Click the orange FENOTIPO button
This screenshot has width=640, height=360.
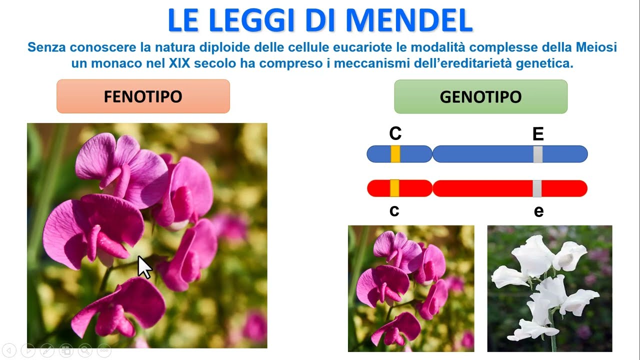coord(143,96)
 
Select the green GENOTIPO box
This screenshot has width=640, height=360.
coord(480,96)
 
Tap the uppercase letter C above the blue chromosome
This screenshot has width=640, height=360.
coord(395,134)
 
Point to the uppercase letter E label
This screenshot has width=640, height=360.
coord(538,134)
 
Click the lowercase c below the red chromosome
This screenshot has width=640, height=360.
coord(394,211)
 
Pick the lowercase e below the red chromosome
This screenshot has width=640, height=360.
coord(538,211)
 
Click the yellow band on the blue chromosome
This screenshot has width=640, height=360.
coord(395,154)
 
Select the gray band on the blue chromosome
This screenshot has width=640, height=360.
coord(538,154)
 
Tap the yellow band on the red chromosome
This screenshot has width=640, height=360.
coord(394,188)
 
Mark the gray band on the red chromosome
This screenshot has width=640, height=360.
coord(537,188)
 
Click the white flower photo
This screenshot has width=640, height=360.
coord(549,288)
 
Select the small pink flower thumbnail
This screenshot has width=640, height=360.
coord(410,288)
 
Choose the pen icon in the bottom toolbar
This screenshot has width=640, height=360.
coord(46,350)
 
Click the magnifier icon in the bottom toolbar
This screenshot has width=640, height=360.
coord(84,350)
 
